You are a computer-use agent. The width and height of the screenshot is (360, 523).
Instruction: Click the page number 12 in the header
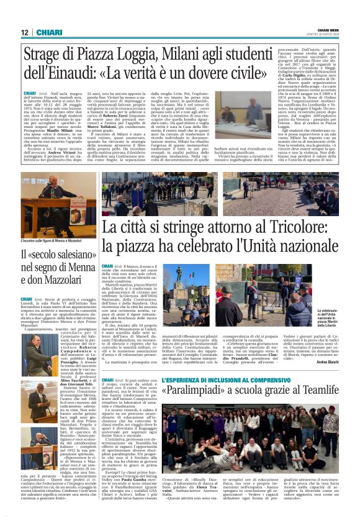(x=25, y=32)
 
